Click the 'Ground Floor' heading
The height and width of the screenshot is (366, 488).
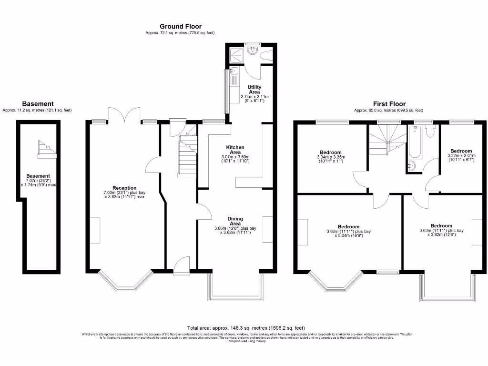tap(180, 27)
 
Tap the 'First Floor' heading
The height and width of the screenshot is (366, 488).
tap(389, 104)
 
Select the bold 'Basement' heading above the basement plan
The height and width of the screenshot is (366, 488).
tap(38, 104)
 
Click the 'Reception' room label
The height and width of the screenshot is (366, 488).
tap(124, 188)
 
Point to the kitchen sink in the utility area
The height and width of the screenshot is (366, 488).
tap(233, 73)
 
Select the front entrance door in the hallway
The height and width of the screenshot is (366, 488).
tap(182, 266)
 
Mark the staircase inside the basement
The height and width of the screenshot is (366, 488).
tap(46, 149)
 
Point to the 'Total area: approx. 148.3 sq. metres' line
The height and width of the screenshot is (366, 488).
tap(245, 328)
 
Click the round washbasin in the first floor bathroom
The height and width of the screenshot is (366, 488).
tap(411, 166)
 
